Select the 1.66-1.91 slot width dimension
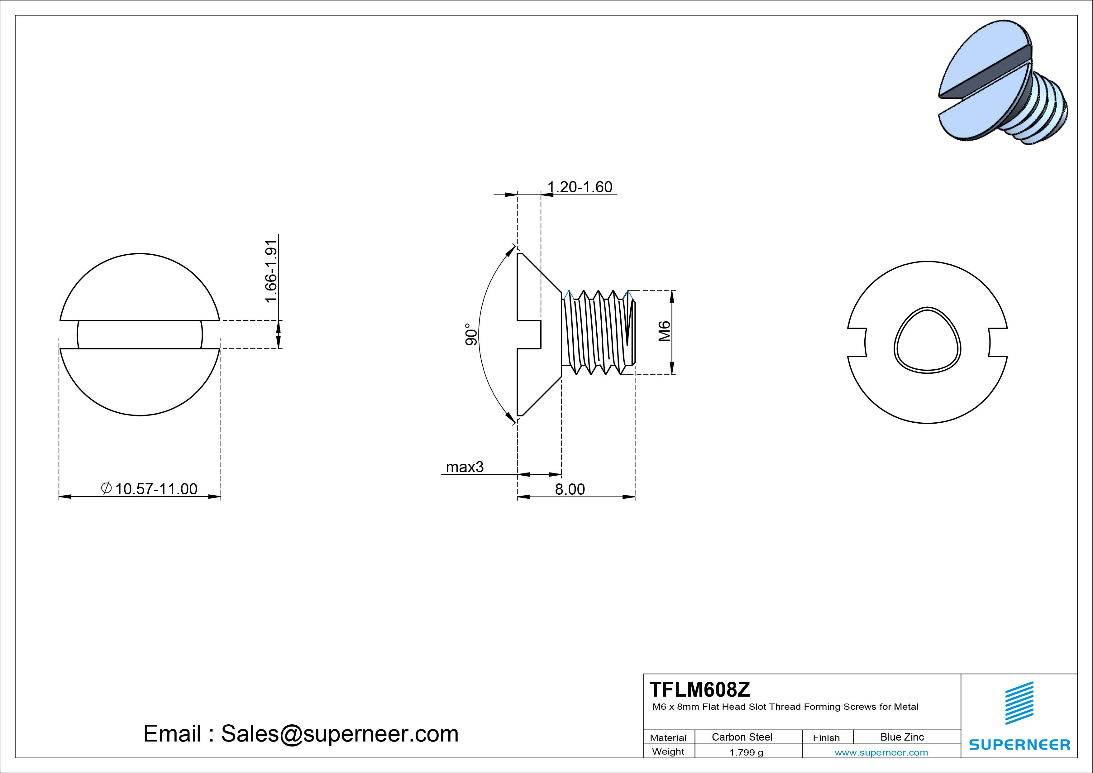point(271,271)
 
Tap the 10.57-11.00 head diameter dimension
point(156,489)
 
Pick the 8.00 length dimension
point(570,489)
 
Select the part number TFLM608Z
point(700,689)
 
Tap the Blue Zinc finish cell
point(902,737)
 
